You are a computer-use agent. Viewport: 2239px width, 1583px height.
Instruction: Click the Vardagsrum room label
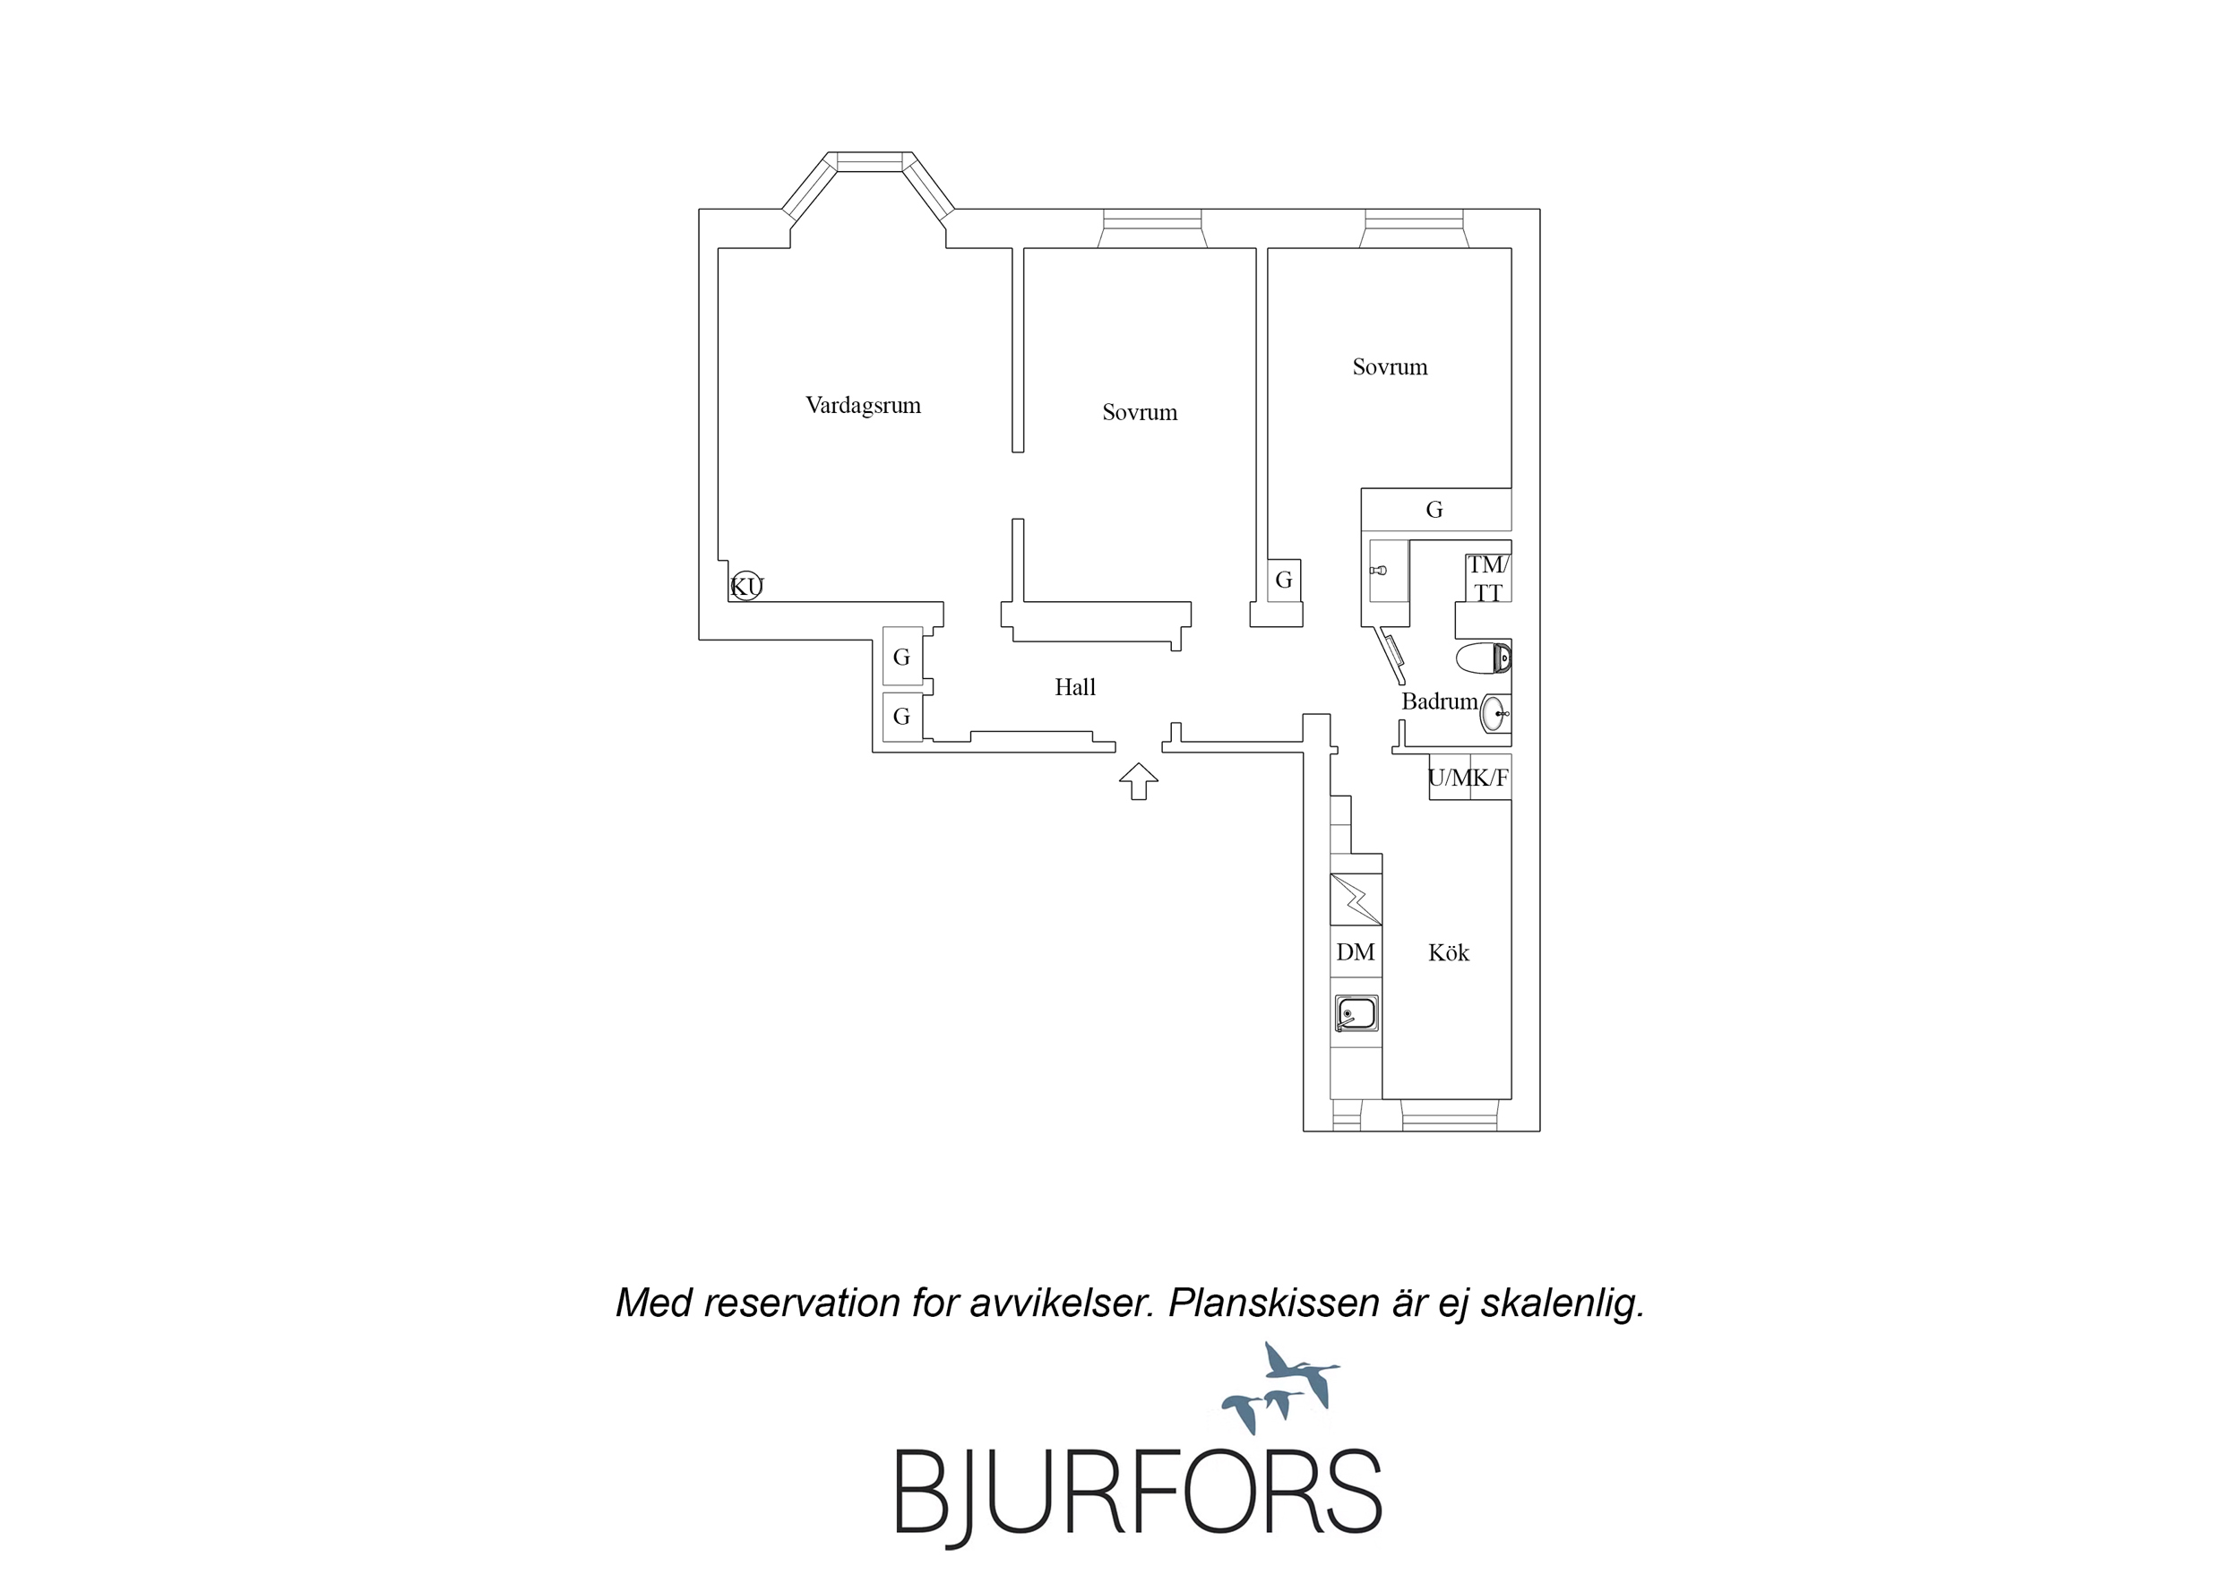pos(863,405)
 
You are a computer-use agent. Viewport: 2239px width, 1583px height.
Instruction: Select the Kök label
pos(1448,952)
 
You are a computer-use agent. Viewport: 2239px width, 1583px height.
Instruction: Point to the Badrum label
pos(1439,701)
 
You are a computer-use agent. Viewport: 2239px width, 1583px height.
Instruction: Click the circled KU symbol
pos(747,585)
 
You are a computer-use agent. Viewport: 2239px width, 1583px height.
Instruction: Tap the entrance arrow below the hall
pos(1138,781)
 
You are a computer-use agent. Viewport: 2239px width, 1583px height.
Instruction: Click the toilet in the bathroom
pos(1483,658)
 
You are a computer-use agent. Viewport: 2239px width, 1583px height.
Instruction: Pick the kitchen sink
pos(1356,1013)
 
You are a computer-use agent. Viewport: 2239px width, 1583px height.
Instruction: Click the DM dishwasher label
pos(1356,952)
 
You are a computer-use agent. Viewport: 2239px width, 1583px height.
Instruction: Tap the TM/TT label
pos(1488,579)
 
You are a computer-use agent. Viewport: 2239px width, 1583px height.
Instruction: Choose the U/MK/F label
pos(1468,778)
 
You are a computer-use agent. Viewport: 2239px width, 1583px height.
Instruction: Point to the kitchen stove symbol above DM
pos(1356,899)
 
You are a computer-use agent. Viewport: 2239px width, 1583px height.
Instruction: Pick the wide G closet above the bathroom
pos(1435,509)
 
